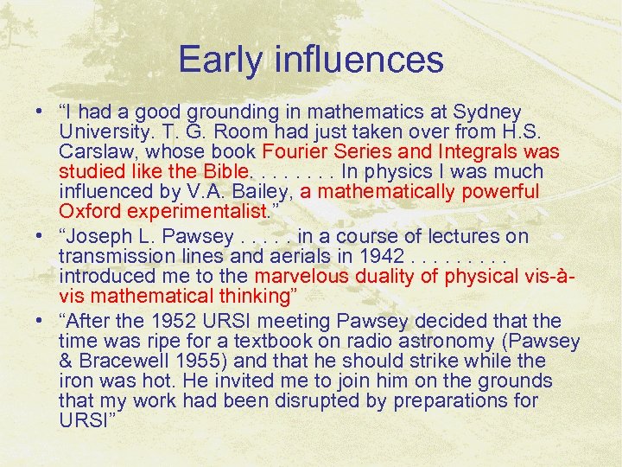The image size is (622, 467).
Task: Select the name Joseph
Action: [x=101, y=236]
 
